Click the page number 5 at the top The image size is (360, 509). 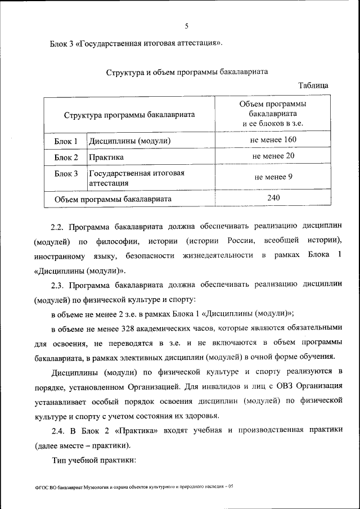[186, 25]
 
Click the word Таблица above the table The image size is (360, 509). [313, 85]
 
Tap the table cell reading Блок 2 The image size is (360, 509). [66, 157]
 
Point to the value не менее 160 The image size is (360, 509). [273, 139]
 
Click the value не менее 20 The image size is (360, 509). [273, 156]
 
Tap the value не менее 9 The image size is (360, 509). [273, 177]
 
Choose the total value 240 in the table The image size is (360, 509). [273, 197]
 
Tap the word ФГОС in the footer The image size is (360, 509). [41, 487]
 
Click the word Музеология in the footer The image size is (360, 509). [97, 487]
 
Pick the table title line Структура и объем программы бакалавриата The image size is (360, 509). [187, 72]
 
